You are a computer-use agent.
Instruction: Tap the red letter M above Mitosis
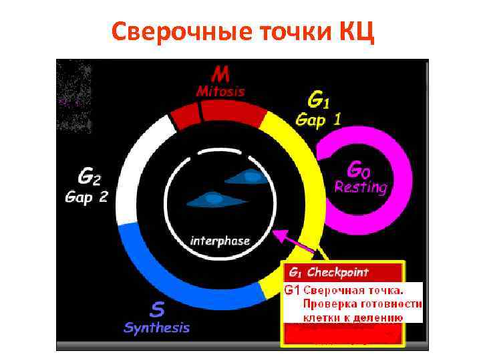pyautogui.click(x=220, y=74)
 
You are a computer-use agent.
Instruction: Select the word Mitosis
pyautogui.click(x=220, y=92)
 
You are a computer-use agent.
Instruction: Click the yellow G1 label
pyautogui.click(x=318, y=100)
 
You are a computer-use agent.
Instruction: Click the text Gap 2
pyautogui.click(x=86, y=198)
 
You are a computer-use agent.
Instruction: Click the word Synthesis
pyautogui.click(x=157, y=328)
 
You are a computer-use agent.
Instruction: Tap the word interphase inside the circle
pyautogui.click(x=220, y=240)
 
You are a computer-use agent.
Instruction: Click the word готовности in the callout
pyautogui.click(x=392, y=304)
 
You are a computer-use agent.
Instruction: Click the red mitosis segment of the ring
pyautogui.click(x=220, y=113)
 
